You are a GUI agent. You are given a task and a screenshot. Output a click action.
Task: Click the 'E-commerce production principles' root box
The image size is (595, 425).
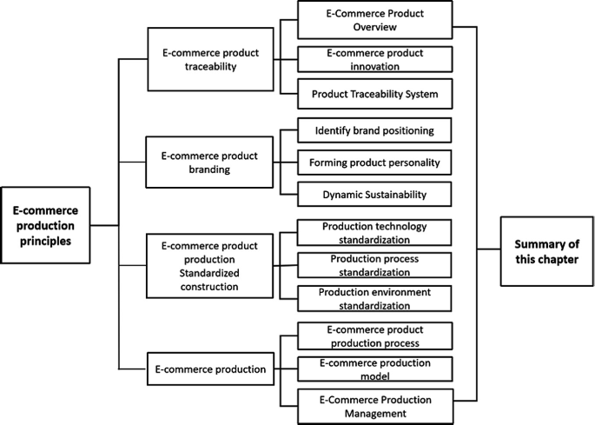click(45, 224)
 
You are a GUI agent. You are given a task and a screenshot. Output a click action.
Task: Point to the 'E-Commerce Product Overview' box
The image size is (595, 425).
click(374, 20)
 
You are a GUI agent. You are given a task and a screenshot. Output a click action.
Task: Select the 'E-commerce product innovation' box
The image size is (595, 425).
click(374, 59)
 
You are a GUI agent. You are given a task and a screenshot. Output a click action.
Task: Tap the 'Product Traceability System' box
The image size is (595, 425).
click(374, 93)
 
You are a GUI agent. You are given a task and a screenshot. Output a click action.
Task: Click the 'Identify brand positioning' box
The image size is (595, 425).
click(374, 131)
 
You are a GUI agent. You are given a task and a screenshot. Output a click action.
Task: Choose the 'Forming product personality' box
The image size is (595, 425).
click(374, 162)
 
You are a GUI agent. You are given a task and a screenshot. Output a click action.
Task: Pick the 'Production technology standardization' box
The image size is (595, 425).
click(374, 232)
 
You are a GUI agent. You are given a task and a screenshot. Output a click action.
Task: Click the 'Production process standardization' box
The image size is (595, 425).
click(374, 264)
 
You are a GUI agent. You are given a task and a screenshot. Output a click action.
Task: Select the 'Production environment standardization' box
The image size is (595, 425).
click(374, 297)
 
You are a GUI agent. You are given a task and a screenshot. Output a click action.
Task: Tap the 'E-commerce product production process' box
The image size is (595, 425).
click(374, 336)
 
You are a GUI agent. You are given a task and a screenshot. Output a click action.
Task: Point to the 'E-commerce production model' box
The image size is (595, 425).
click(374, 369)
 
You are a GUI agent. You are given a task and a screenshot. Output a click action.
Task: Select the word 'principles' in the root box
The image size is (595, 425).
click(45, 240)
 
